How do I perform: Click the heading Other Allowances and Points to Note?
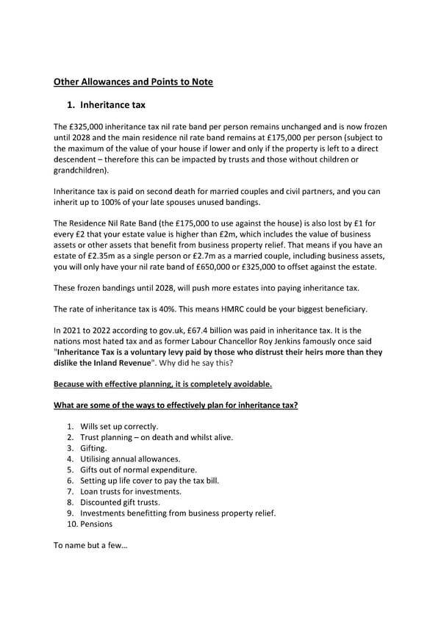[x=134, y=82]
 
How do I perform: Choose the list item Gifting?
[x=93, y=447]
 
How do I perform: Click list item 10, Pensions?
[x=96, y=524]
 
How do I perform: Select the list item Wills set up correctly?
[x=119, y=426]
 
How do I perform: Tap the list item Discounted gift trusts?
[x=120, y=502]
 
